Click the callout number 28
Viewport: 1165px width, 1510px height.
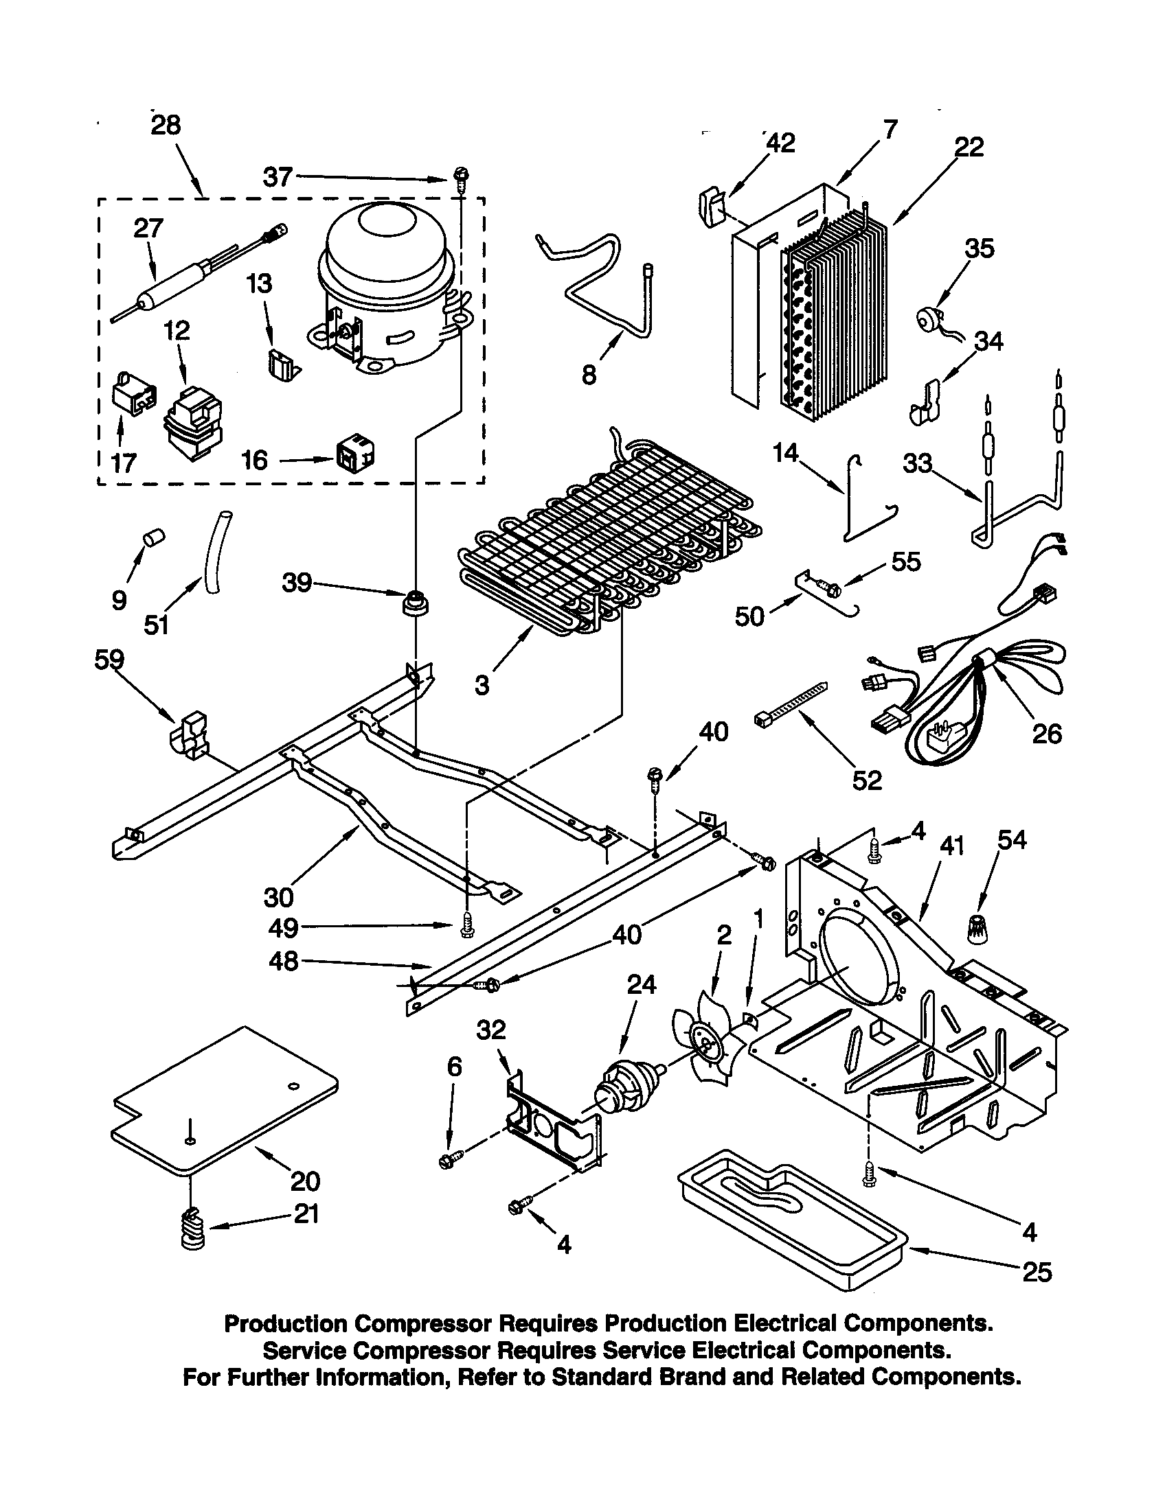[x=166, y=125]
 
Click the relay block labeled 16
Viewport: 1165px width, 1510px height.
[x=355, y=454]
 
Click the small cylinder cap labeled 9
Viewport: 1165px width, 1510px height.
[x=152, y=537]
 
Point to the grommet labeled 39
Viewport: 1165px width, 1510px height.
[x=415, y=602]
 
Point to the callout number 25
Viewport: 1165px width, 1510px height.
[x=1037, y=1271]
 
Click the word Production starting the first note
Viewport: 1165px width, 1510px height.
[x=285, y=1323]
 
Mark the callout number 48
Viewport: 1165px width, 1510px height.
[x=284, y=961]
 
